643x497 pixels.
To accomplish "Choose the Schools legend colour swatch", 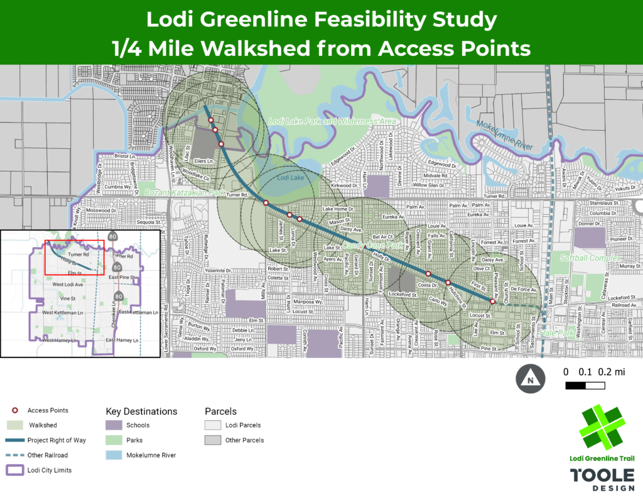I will pos(114,425).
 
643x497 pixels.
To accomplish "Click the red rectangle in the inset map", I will pos(74,257).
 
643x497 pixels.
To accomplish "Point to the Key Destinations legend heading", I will pos(141,412).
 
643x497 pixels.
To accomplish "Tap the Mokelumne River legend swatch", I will pos(114,455).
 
